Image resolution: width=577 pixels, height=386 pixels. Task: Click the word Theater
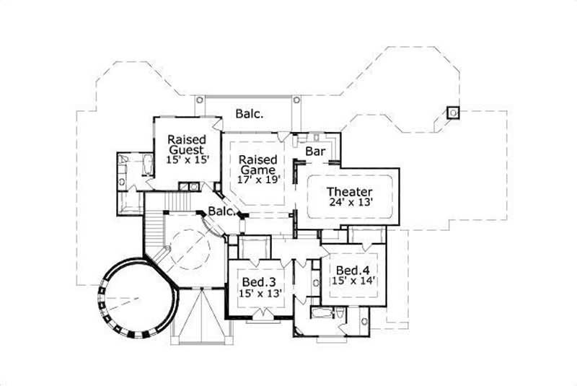coord(349,191)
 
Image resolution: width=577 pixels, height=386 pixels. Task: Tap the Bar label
coord(314,152)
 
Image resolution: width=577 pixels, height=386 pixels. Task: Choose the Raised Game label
coord(258,165)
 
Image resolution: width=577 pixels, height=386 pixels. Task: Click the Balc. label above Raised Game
coord(249,114)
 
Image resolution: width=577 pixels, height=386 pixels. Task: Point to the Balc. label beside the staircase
coord(221,211)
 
